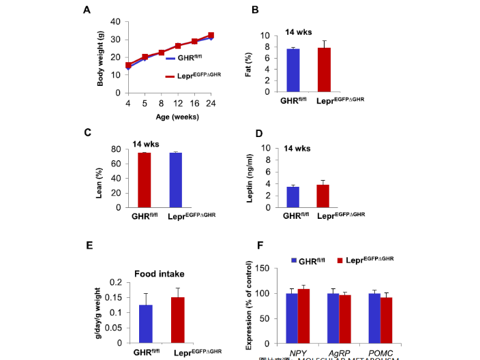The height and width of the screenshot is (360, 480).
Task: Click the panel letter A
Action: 87,10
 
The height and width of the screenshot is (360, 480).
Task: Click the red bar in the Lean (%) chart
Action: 145,180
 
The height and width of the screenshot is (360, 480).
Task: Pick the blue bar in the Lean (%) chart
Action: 177,180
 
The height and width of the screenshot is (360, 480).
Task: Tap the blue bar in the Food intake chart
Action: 145,324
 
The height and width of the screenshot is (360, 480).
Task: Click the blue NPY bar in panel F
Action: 292,319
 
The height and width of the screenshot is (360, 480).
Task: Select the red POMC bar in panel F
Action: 387,321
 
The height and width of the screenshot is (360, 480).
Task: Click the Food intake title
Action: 159,274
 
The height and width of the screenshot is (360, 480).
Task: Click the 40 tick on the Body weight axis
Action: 115,22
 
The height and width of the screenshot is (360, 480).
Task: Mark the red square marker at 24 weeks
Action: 211,35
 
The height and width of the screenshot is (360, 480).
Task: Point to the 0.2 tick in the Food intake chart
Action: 116,282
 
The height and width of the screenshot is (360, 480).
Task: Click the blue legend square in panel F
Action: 294,260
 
